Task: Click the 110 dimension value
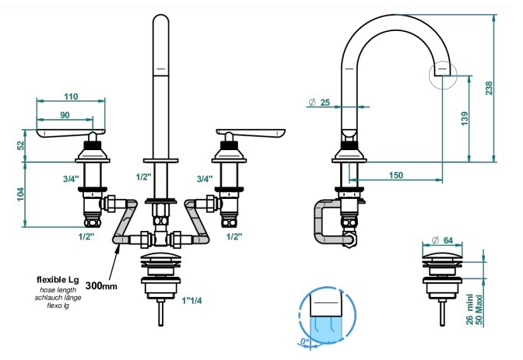click(x=71, y=96)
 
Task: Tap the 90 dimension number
click(x=65, y=115)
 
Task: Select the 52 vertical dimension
click(x=21, y=145)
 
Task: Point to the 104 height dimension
click(x=21, y=194)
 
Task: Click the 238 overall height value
click(x=489, y=88)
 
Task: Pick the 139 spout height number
click(x=465, y=119)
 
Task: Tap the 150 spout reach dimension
click(x=396, y=175)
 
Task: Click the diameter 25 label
click(x=319, y=103)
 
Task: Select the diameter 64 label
click(x=443, y=240)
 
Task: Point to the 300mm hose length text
click(x=101, y=286)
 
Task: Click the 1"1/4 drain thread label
click(x=191, y=301)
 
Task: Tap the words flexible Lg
click(x=58, y=279)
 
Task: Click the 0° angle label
click(x=304, y=341)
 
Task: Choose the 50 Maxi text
click(x=479, y=311)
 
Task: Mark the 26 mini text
click(x=469, y=309)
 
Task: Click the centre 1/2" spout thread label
click(x=144, y=177)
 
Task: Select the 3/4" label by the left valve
click(x=71, y=179)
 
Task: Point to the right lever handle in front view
click(x=251, y=134)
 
